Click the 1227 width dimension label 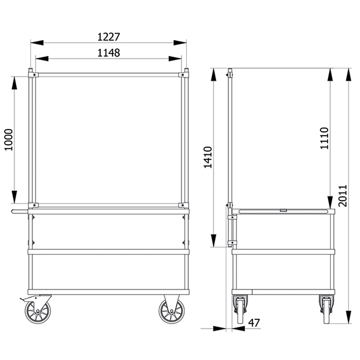[109, 37]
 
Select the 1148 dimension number [109, 53]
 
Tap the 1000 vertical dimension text [9, 140]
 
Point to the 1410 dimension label [208, 157]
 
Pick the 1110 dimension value [324, 138]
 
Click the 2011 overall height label [343, 196]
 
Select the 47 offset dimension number [254, 323]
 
